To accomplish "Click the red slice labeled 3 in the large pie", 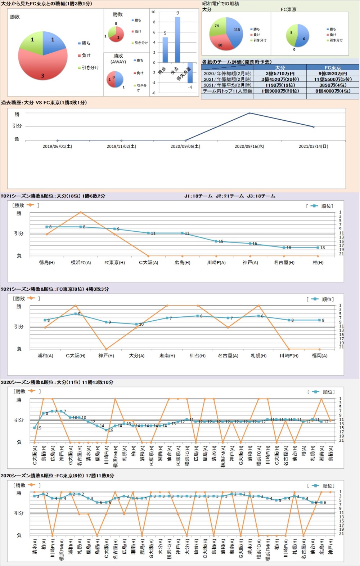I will click(x=42, y=68).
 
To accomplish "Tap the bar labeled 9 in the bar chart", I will click(x=177, y=40).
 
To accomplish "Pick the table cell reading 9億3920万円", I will click(x=333, y=73).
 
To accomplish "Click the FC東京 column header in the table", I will click(x=333, y=68).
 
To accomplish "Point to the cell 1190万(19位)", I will click(x=280, y=85).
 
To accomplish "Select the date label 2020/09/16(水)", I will click(x=249, y=147).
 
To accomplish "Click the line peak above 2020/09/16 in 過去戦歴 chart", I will click(x=249, y=113).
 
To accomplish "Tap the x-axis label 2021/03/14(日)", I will click(x=313, y=147).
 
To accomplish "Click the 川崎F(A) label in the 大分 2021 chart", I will click(x=216, y=263).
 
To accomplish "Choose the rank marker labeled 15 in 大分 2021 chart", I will click(x=216, y=241).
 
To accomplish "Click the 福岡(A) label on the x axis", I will click(x=319, y=356).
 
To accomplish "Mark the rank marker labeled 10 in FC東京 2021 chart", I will click(x=136, y=324).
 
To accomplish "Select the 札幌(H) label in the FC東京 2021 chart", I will click(x=258, y=356).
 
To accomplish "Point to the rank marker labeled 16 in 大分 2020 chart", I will click(x=106, y=430).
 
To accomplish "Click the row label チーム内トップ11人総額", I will click(x=228, y=91).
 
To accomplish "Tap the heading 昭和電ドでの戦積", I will click(x=221, y=4).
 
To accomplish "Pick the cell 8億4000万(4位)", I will click(x=333, y=91).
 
